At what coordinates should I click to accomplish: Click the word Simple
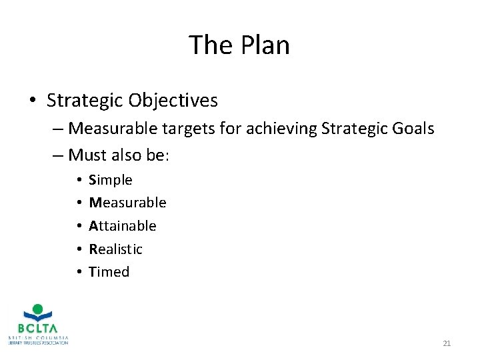pyautogui.click(x=111, y=180)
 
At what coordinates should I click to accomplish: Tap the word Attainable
pyautogui.click(x=123, y=226)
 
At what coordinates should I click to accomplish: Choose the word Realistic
pyautogui.click(x=116, y=249)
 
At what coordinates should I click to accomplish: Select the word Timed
pyautogui.click(x=109, y=272)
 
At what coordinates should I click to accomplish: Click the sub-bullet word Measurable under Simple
pyautogui.click(x=127, y=203)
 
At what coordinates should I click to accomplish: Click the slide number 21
pyautogui.click(x=447, y=343)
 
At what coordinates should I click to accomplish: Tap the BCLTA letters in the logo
pyautogui.click(x=39, y=328)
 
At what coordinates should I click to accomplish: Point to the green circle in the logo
pyautogui.click(x=38, y=309)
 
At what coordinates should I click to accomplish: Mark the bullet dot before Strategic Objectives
pyautogui.click(x=33, y=101)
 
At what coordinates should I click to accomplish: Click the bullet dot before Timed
pyautogui.click(x=79, y=272)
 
